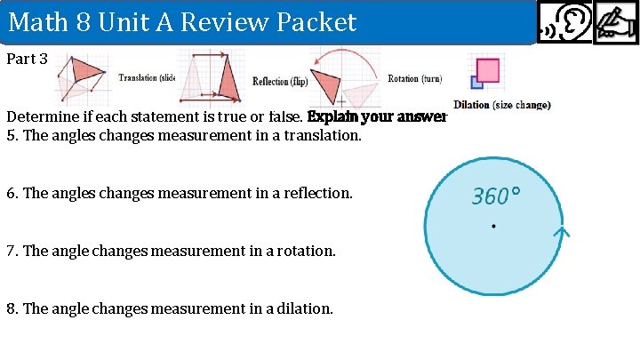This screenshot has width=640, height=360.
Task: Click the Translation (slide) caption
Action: click(147, 78)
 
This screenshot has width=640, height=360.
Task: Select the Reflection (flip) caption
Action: click(279, 82)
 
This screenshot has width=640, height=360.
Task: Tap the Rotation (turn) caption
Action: click(414, 79)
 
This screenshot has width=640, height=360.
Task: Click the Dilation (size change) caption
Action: click(501, 105)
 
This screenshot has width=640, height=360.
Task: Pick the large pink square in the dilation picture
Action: click(487, 69)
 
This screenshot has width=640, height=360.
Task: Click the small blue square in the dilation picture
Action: click(476, 83)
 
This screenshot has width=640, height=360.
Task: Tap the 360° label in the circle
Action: click(496, 196)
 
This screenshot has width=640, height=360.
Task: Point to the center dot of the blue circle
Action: click(492, 227)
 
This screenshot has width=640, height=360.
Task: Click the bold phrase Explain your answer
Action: click(376, 116)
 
